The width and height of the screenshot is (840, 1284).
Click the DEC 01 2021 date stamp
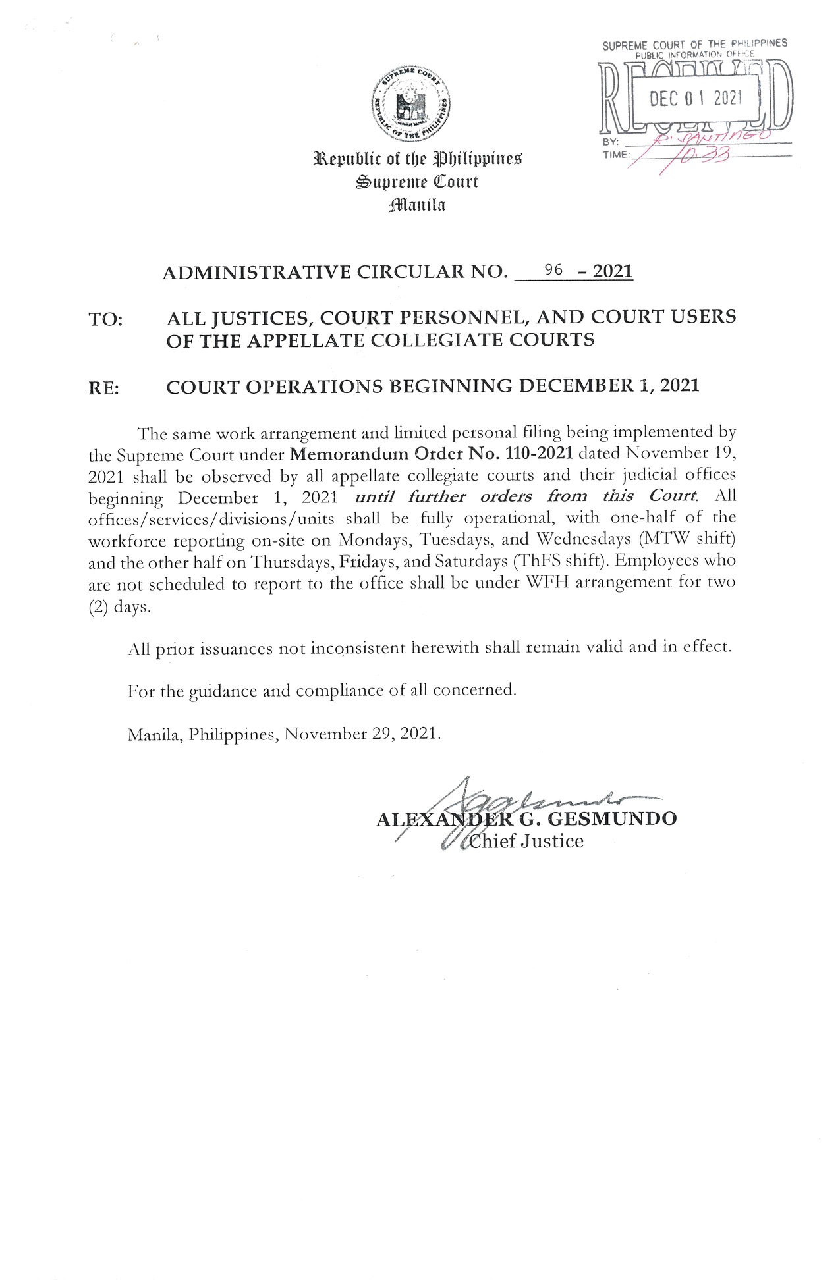[695, 99]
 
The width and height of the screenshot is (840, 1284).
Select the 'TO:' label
[105, 320]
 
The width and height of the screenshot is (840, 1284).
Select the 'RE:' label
[104, 388]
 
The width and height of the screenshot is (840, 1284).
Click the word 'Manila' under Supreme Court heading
[417, 205]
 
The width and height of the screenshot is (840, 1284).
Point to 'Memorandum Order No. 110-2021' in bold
[431, 454]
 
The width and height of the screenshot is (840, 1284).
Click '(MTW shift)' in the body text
[689, 539]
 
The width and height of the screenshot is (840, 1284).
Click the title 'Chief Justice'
[526, 842]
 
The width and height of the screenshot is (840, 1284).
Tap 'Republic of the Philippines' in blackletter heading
[417, 159]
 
